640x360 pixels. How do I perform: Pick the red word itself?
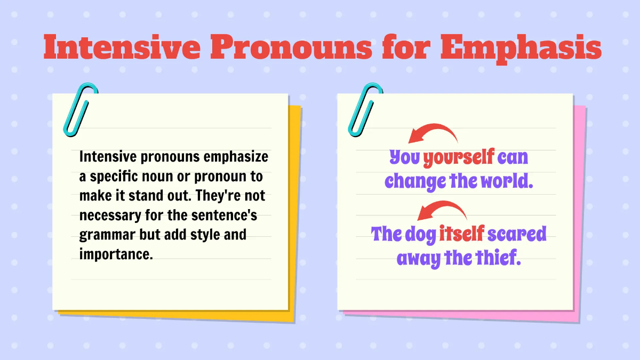click(462, 234)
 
